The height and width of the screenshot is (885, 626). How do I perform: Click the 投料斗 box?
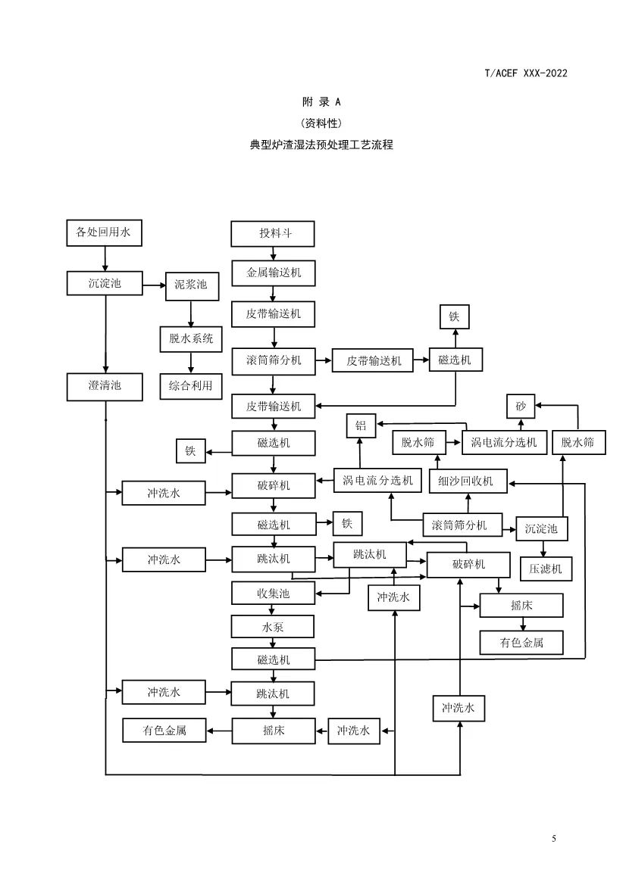273,234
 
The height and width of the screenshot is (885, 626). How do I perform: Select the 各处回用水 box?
104,233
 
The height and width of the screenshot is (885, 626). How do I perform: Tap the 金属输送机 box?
273,273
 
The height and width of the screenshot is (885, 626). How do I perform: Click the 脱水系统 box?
191,338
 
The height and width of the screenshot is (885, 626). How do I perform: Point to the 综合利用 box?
191,386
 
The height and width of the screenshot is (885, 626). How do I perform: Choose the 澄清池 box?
105,386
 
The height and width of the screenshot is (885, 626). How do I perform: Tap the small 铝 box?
361,426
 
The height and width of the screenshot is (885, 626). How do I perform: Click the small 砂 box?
521,407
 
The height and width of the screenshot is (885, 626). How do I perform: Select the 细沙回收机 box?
467,481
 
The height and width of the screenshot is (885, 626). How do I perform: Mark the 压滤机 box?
546,568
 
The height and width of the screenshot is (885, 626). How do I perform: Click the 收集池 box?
273,594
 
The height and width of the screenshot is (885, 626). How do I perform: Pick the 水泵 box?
273,627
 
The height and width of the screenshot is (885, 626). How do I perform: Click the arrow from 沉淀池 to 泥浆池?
155,285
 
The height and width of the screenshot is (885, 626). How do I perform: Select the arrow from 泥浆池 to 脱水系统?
191,312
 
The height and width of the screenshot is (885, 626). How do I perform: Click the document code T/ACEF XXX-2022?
525,73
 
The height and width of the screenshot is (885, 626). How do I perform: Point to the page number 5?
554,838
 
